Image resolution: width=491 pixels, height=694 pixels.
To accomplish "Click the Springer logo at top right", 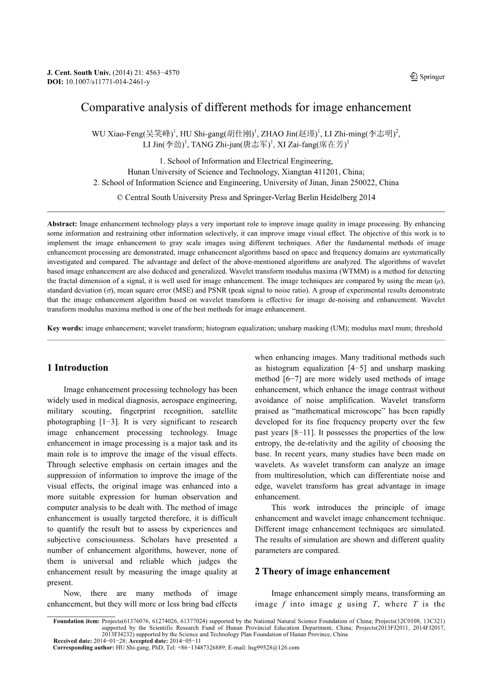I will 427,77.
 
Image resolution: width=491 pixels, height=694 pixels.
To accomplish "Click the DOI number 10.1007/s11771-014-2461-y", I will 108,82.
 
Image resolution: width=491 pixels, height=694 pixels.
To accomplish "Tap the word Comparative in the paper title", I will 108,108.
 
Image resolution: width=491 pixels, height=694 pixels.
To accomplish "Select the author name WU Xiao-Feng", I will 113,134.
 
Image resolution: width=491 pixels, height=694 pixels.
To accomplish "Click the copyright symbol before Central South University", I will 120,197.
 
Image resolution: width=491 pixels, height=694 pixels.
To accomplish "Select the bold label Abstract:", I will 62,224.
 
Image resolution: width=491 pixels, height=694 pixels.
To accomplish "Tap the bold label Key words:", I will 65,328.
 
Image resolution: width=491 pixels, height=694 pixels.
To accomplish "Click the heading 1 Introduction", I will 77,368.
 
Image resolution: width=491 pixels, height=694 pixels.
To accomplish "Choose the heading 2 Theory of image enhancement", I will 322,572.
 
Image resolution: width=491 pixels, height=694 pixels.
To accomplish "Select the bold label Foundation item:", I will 76,621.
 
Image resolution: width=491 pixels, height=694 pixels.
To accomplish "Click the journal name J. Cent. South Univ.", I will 79,73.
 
